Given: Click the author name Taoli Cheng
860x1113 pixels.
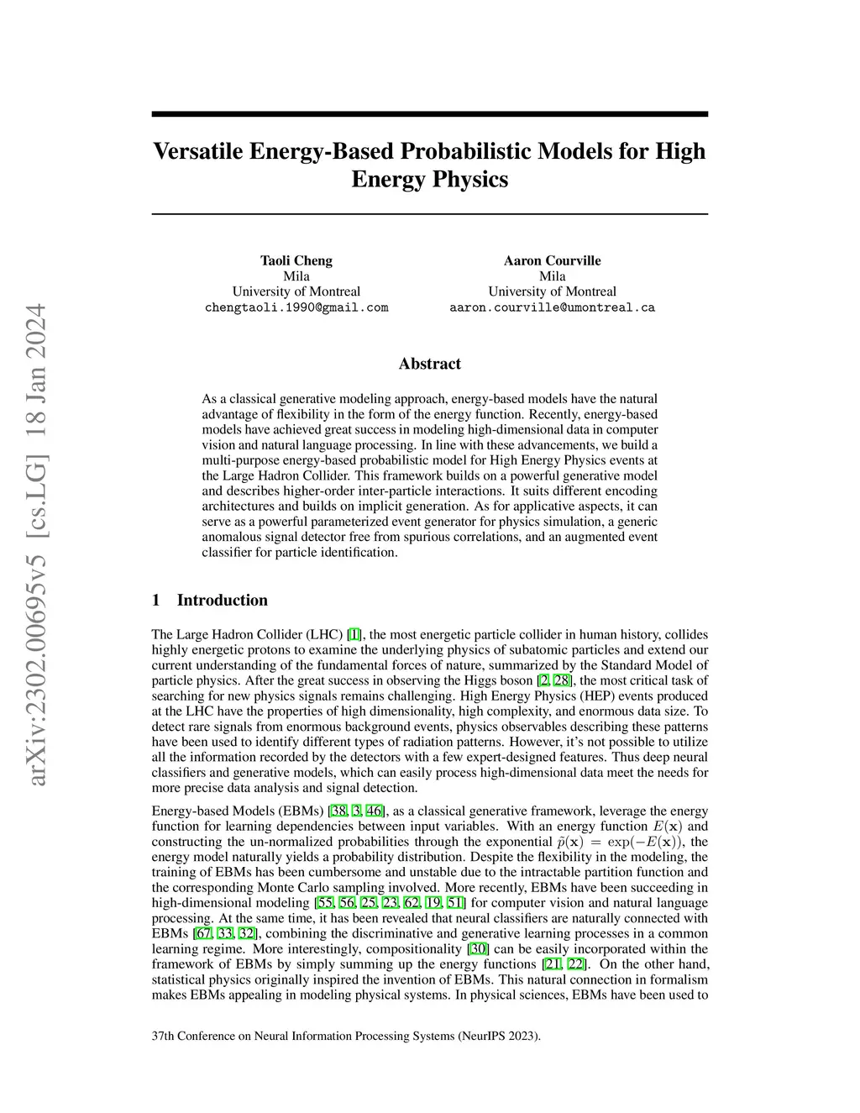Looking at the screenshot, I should [296, 260].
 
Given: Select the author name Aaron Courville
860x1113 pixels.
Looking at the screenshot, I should [552, 260].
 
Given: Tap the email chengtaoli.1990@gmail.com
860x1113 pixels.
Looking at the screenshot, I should [296, 307].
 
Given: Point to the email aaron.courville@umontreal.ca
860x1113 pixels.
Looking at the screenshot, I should [552, 307].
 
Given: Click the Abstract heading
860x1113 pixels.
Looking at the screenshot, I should [429, 364].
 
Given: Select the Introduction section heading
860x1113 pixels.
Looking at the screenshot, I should [222, 600].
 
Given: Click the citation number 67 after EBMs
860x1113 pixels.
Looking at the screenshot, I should [203, 933].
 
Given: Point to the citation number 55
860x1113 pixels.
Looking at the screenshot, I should [325, 903].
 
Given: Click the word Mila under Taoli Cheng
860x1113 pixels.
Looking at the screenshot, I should [296, 276].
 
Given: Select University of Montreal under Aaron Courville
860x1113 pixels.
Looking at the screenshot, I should [552, 291].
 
